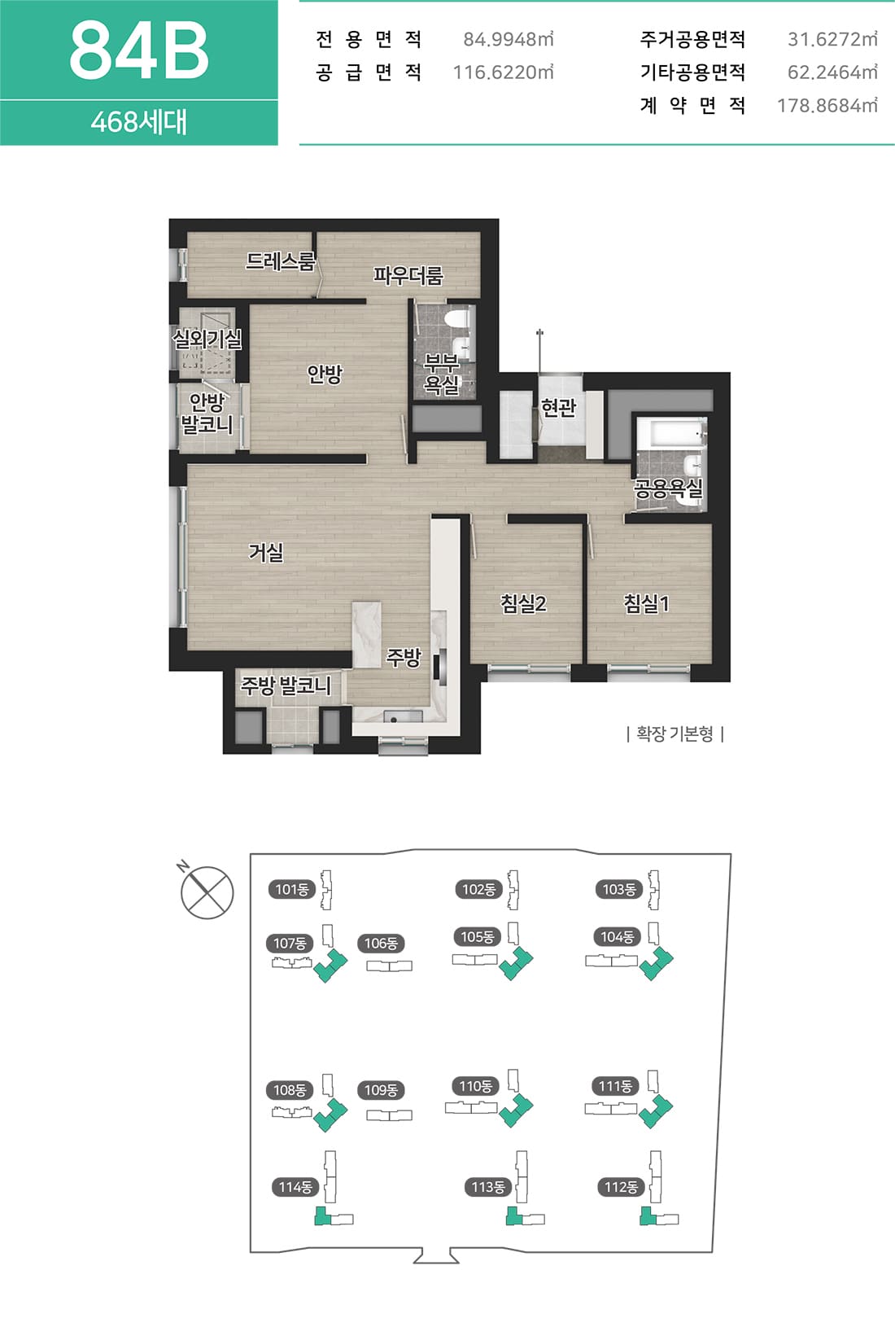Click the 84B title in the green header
[139, 50]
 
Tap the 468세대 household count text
[139, 123]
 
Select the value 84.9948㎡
[508, 39]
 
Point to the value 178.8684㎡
[827, 106]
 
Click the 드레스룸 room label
[280, 261]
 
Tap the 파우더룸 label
[408, 275]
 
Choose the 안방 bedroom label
[325, 374]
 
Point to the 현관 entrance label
[558, 407]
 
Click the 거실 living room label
[266, 552]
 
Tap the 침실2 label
[523, 603]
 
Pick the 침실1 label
[646, 603]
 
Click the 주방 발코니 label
[286, 686]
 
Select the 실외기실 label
[207, 339]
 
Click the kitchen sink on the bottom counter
[394, 718]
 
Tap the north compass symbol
[207, 891]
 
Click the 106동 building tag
[381, 943]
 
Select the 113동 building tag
[487, 1187]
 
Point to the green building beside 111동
[656, 1111]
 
